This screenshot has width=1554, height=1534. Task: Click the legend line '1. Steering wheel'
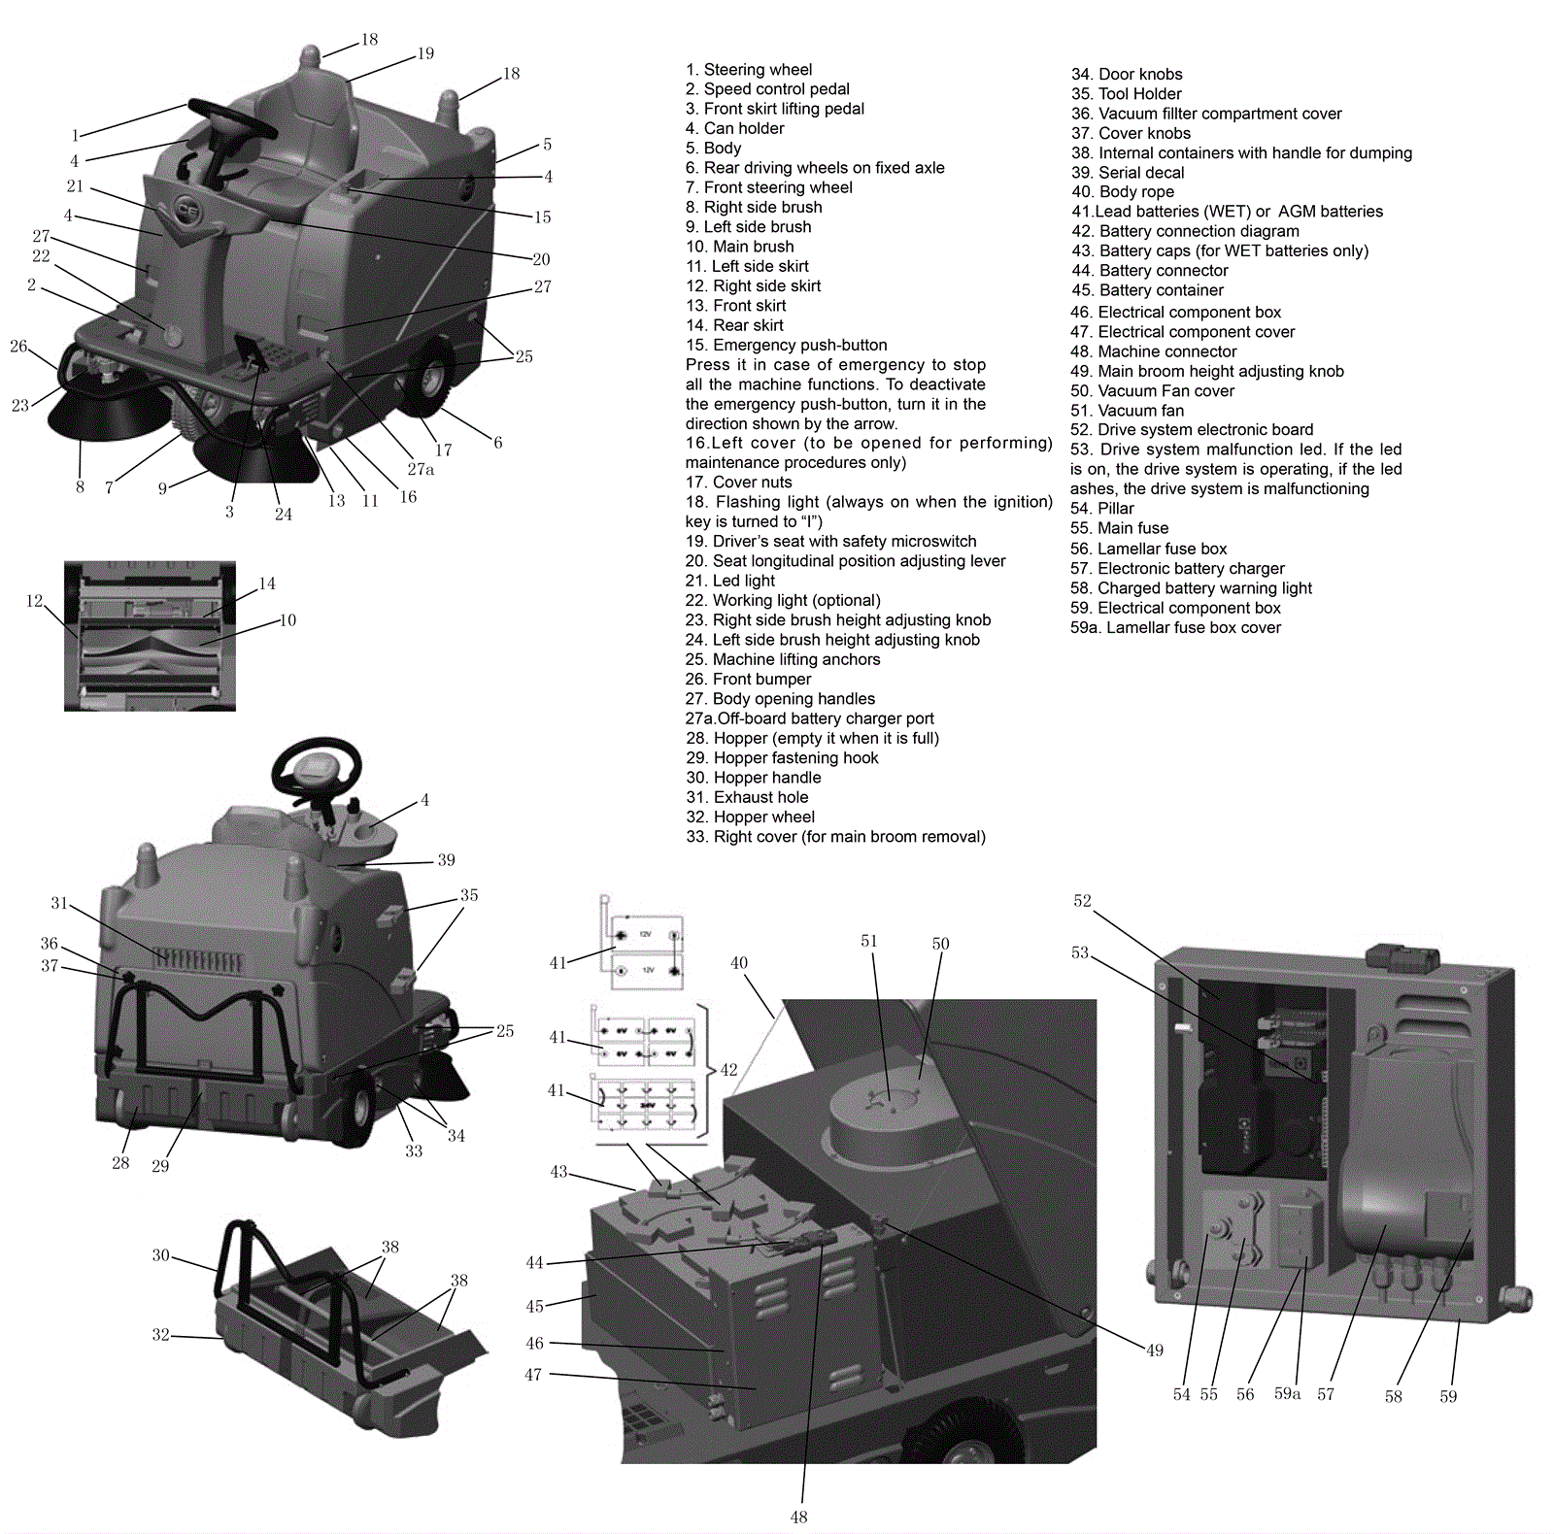click(748, 70)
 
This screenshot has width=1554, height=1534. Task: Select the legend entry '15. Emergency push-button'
click(786, 346)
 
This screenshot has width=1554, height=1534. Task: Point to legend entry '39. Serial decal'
click(1127, 173)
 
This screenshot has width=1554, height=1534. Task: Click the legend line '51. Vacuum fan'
click(1127, 411)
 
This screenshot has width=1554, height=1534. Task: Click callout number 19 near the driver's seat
click(425, 53)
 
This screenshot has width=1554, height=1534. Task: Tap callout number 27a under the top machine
click(421, 470)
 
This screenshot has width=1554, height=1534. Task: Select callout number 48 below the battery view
click(798, 1517)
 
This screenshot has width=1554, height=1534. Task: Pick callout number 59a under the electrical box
click(1287, 1394)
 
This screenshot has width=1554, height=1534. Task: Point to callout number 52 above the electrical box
click(1082, 901)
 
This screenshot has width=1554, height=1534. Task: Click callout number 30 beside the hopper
click(160, 1255)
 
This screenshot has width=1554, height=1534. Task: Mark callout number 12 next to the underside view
click(34, 601)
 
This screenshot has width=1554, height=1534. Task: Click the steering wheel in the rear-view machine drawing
click(316, 768)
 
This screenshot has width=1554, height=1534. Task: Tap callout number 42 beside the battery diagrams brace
click(728, 1070)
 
